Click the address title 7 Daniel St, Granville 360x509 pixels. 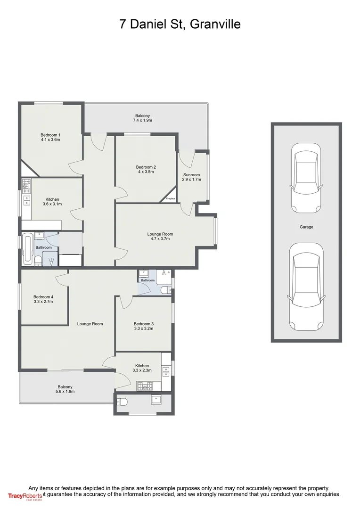[180, 24]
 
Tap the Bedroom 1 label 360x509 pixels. [50, 135]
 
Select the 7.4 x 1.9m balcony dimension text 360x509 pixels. [143, 121]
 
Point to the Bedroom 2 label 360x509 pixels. [146, 167]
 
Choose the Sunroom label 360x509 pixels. [192, 175]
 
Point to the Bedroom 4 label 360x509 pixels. [43, 297]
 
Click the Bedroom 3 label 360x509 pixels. [144, 324]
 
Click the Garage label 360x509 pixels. [306, 227]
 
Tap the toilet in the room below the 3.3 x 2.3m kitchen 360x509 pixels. [122, 402]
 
